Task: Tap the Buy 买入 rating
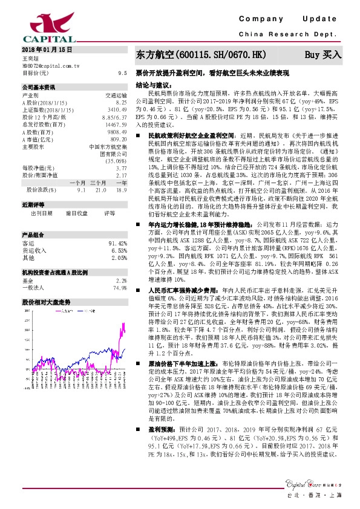pyautogui.click(x=324, y=54)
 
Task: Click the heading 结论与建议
pyautogui.click(x=152, y=85)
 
